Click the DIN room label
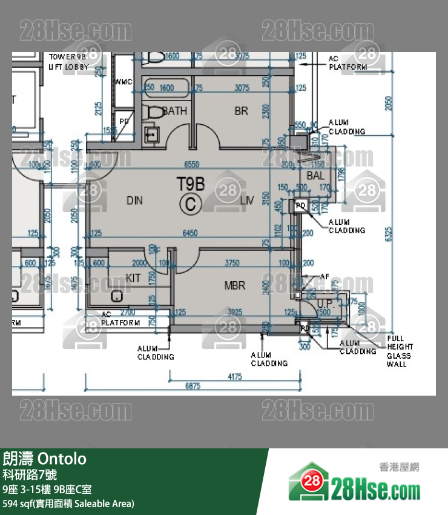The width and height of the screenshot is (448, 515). tap(134, 200)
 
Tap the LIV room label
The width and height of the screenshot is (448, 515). tap(246, 200)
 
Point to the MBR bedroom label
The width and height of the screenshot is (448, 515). tap(234, 285)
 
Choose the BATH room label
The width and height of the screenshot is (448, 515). tap(175, 111)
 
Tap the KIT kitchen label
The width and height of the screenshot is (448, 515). tap(133, 278)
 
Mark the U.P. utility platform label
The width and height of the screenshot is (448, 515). tap(324, 303)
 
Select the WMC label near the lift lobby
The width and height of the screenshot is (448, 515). tap(123, 81)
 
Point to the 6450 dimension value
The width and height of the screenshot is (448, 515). tap(189, 233)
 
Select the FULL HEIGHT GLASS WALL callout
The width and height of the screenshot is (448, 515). tap(400, 351)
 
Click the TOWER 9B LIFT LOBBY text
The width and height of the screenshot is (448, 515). tap(68, 61)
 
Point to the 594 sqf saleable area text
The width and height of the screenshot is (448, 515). tap(68, 503)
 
